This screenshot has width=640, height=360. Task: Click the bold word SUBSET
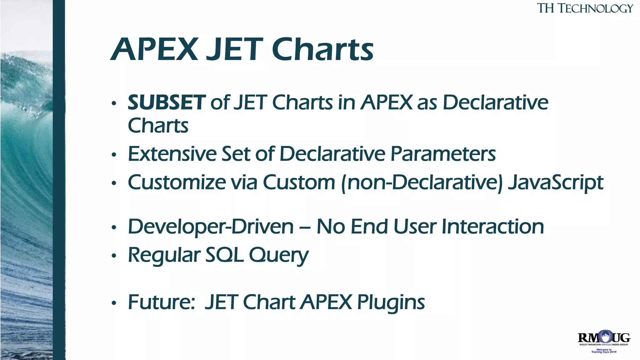point(167,102)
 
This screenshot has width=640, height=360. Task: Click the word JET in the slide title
point(234,49)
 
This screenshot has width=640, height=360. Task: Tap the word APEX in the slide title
point(155,49)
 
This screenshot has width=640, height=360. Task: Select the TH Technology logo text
point(585,8)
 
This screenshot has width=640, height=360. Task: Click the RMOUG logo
point(604,338)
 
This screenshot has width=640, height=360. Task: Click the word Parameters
point(443,154)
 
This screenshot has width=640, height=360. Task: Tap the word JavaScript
point(555,183)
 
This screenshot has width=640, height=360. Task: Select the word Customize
point(177,182)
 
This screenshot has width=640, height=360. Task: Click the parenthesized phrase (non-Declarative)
point(422,183)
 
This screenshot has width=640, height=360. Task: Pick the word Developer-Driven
point(211,227)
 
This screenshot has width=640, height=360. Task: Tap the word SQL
point(224,255)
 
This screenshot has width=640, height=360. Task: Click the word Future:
point(162,302)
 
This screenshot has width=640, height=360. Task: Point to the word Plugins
point(391,303)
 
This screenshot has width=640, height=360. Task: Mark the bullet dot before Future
point(114,303)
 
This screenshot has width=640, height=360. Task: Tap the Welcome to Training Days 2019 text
point(604,351)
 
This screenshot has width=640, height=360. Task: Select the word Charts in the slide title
point(322,49)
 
